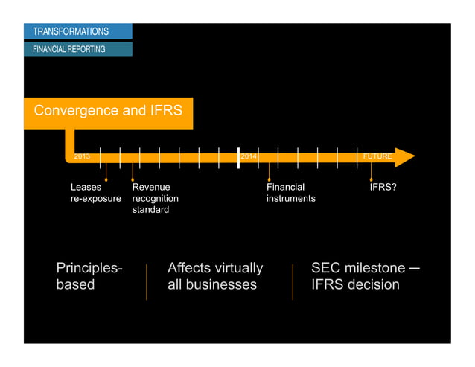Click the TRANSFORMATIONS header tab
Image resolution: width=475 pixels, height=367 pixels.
71,31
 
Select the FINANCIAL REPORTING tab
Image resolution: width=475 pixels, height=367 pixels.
68,49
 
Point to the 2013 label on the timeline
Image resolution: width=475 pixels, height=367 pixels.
82,157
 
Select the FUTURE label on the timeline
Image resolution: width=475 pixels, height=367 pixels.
377,157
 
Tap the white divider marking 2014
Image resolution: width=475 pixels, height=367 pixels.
238,157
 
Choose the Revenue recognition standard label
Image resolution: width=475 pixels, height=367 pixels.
155,199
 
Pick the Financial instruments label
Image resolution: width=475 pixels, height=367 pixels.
290,194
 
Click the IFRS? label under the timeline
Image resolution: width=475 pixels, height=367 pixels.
383,188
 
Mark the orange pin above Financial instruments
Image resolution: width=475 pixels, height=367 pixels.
269,177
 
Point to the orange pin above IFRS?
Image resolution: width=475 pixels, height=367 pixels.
372,177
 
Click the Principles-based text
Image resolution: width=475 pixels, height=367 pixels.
89,276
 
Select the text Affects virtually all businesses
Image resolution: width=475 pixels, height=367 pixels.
214,276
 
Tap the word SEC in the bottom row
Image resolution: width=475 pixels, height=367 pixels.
327,268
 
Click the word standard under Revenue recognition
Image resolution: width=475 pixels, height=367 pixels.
150,210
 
